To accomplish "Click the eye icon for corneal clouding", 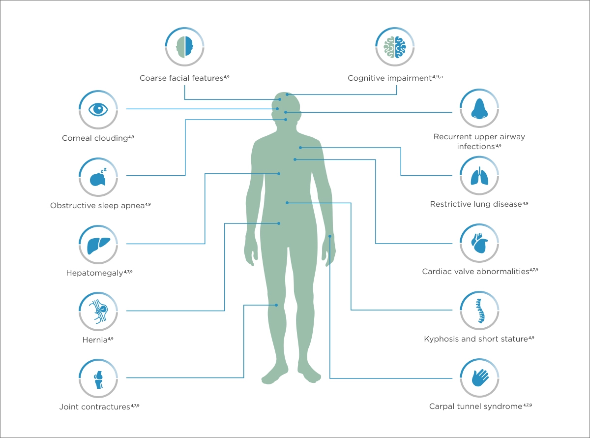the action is (98, 109).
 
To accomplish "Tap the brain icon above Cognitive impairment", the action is (395, 47).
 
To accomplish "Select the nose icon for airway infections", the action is (479, 108).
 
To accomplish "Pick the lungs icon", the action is (479, 176).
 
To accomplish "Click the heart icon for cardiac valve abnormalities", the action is (479, 243).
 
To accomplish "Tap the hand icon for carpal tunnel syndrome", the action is (480, 377).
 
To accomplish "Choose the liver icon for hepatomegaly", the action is (98, 246).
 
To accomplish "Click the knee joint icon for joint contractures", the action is (98, 380).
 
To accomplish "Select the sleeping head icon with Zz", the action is (98, 177).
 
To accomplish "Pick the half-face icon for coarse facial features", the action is (184, 47).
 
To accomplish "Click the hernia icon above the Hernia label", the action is (98, 312).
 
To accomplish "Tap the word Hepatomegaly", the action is (95, 273).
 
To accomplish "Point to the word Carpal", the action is (441, 407).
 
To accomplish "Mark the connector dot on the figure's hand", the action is (330, 236).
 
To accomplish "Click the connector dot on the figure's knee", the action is (276, 305).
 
